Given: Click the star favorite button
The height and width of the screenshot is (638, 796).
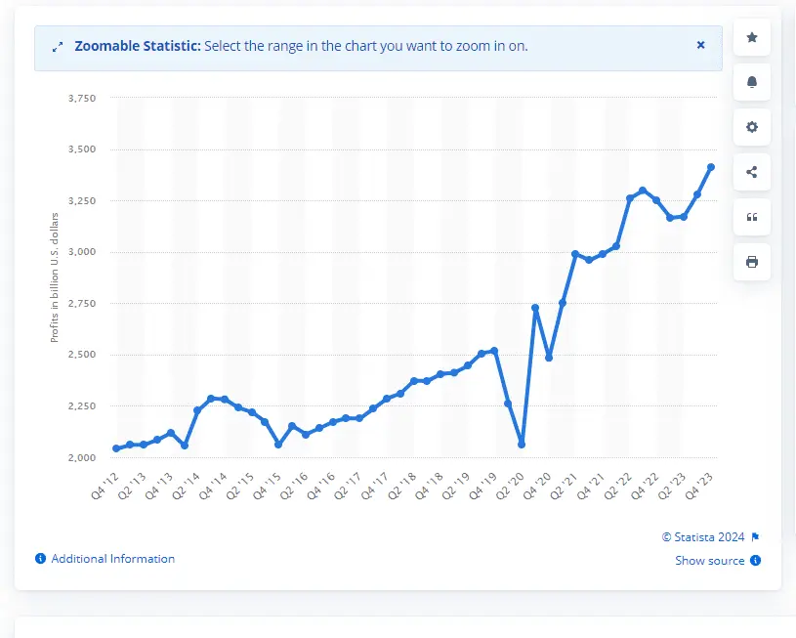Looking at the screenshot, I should click(751, 37).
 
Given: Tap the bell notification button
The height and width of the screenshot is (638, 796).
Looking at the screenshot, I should click(751, 82).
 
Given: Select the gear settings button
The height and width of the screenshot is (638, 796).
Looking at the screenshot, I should click(751, 127).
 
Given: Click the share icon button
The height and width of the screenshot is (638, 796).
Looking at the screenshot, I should click(751, 172).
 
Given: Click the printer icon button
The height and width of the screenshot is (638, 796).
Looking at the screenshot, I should click(751, 262).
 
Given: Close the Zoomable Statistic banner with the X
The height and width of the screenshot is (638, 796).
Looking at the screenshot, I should click(700, 45).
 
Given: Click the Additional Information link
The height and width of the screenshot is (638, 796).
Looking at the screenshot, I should click(112, 559).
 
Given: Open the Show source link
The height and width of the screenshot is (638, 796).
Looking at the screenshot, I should click(710, 561).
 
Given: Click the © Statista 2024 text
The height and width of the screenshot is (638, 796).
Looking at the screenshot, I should click(703, 536).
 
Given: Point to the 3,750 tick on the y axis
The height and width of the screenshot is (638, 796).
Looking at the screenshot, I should click(82, 99).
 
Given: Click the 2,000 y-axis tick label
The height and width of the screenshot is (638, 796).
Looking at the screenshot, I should click(82, 457).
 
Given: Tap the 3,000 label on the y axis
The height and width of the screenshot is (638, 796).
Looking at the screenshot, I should click(82, 252).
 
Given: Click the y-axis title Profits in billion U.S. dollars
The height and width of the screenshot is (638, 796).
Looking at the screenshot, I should click(55, 276).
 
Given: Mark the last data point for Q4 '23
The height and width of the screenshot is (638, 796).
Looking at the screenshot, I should click(711, 167).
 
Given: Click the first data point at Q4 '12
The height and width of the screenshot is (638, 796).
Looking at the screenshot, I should click(116, 448).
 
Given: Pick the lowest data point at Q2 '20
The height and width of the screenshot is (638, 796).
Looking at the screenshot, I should click(522, 445).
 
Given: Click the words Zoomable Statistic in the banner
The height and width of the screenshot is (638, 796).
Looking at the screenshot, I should click(139, 46).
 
